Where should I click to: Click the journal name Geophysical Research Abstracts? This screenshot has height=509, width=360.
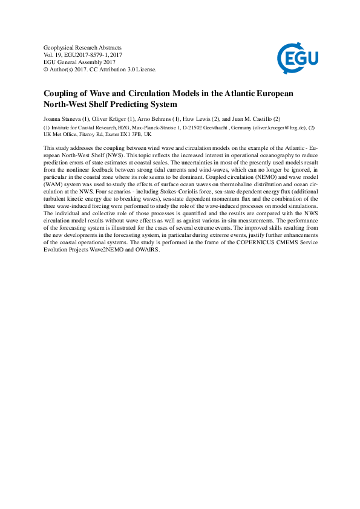(x=83, y=47)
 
